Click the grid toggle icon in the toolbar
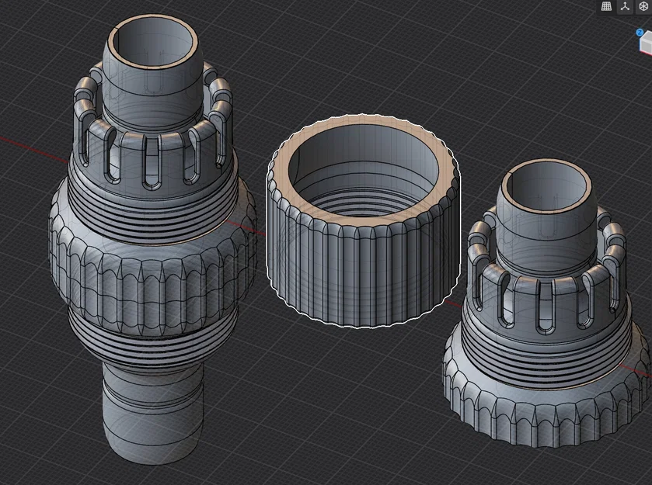point(607,6)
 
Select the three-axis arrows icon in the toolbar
point(625,6)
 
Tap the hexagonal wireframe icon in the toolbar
point(643,6)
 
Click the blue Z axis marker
point(640,33)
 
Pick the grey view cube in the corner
point(646,47)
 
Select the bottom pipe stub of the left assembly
point(152,411)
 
